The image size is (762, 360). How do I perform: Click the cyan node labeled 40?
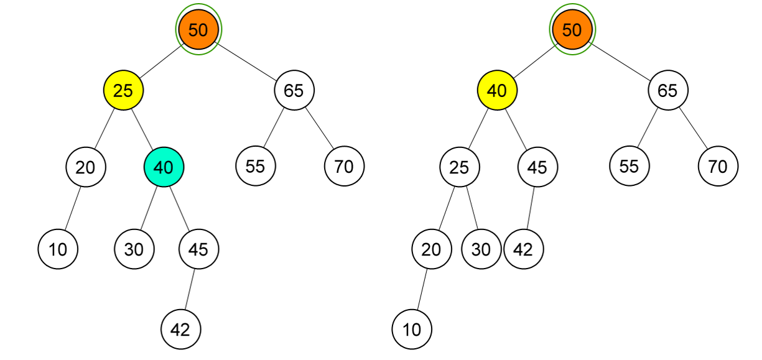[164, 167]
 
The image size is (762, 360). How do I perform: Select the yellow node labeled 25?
[123, 91]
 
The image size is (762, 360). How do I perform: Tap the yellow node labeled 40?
[497, 91]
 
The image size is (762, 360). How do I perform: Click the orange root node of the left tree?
[198, 29]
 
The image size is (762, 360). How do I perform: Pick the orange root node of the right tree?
[572, 29]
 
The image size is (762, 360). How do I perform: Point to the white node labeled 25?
[459, 167]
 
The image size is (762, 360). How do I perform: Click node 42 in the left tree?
[180, 329]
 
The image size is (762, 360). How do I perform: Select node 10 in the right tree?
[412, 329]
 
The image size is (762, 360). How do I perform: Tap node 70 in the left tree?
[344, 166]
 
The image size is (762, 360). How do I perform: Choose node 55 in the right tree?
[629, 166]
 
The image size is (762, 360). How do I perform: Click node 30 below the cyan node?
[134, 249]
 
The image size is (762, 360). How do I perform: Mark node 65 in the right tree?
[667, 91]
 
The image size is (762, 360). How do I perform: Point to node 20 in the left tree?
[85, 167]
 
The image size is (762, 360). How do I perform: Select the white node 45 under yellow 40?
[537, 167]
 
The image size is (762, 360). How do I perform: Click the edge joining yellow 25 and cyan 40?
[144, 129]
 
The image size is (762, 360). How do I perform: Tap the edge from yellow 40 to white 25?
[478, 129]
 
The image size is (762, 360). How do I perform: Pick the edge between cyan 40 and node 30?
[149, 208]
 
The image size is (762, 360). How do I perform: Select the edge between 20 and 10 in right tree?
[421, 289]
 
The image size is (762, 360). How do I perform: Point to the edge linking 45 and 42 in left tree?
[190, 289]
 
